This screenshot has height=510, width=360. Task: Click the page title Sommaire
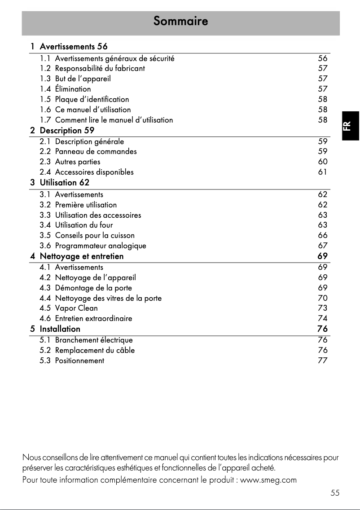coord(180,21)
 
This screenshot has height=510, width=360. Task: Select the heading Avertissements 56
coord(74,46)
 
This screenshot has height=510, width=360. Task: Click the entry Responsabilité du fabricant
coord(100,68)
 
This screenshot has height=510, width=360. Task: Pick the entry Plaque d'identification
coord(92,99)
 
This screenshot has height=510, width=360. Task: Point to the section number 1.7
coord(45,120)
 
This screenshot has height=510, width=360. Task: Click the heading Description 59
coord(67,131)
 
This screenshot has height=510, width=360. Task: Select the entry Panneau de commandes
coord(96,151)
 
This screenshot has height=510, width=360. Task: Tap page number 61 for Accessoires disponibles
coord(322,172)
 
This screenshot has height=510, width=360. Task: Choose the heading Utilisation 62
coord(64,182)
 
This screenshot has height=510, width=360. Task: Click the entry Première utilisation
coord(86,205)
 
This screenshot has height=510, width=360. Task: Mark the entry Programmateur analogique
coord(101,246)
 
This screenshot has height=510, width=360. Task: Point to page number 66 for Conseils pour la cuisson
coord(322,235)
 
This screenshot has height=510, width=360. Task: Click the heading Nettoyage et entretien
coord(81,256)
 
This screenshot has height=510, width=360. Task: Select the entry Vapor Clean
coord(76,308)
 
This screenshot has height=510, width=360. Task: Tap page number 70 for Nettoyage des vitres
coord(322,298)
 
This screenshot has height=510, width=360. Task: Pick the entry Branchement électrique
coord(94,340)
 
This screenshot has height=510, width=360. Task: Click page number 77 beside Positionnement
coord(322,361)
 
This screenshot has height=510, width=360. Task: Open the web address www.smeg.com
coord(268,480)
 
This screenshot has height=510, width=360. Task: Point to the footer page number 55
coord(335,493)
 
